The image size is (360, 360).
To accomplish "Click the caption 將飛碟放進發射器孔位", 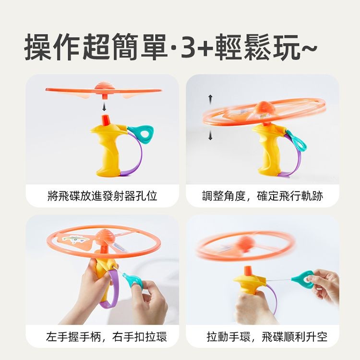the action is [x=102, y=196].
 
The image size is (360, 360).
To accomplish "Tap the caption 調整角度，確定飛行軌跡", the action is [x=263, y=196].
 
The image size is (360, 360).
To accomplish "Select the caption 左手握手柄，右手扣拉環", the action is [x=106, y=337].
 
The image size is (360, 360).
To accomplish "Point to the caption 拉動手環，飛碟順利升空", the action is [x=267, y=337].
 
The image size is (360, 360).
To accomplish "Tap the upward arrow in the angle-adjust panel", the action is [x=210, y=99].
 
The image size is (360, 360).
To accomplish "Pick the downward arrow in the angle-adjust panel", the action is [x=210, y=135].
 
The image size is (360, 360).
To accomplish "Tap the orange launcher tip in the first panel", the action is [x=106, y=120].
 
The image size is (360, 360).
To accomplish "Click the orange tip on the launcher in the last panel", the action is [x=249, y=272].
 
